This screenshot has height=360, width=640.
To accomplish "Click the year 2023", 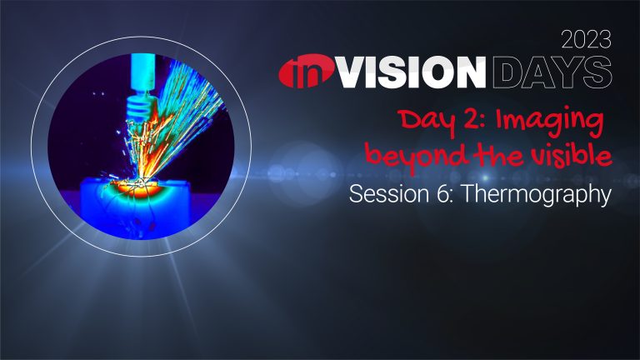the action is [x=586, y=40].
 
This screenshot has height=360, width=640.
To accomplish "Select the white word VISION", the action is [x=412, y=72].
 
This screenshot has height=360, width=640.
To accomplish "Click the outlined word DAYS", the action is [x=552, y=72].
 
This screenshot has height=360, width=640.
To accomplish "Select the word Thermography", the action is [x=536, y=196].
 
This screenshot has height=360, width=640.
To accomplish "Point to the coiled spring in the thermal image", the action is [x=140, y=107].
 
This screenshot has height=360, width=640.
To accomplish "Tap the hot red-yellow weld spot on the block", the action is [x=135, y=187].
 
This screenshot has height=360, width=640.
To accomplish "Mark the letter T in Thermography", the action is [x=467, y=194].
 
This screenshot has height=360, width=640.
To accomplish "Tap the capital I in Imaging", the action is [x=500, y=120].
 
